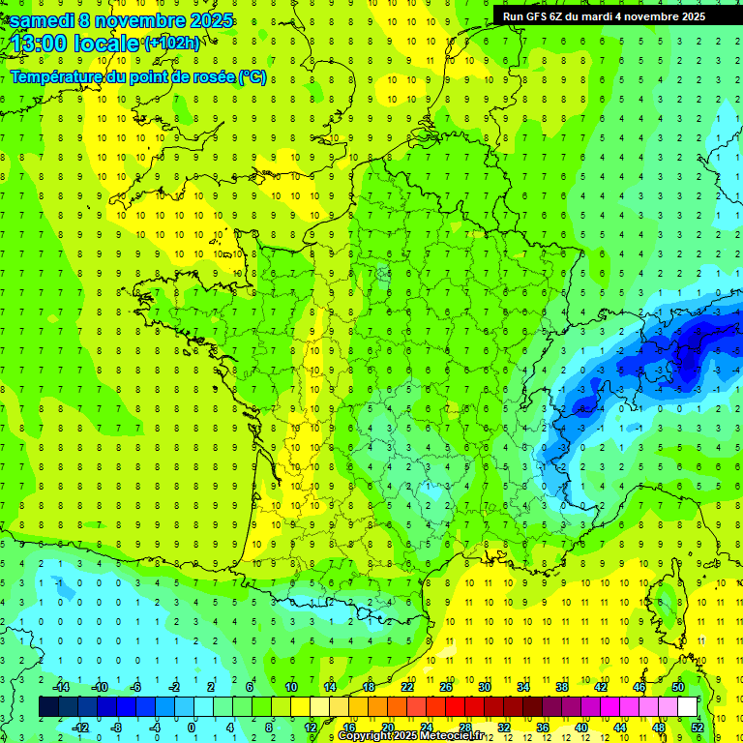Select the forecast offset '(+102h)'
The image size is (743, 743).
(x=171, y=43)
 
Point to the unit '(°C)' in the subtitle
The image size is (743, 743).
(x=252, y=76)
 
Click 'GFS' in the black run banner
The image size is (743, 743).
(x=540, y=16)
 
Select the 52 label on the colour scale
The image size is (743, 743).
(x=698, y=727)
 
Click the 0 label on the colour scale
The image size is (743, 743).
(x=192, y=727)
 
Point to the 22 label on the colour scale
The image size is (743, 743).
(x=407, y=687)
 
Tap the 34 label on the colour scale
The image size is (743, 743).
(x=523, y=687)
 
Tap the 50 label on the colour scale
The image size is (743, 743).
(x=678, y=687)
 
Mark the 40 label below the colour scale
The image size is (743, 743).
(x=581, y=727)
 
